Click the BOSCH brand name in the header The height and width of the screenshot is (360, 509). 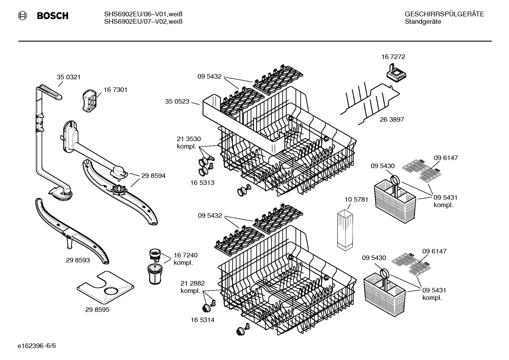pos(53,16)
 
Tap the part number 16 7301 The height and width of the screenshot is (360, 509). pos(115,90)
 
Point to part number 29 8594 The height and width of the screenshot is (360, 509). pos(153,176)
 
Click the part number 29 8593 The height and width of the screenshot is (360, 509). pos(78,260)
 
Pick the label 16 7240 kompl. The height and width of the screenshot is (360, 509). pos(185,259)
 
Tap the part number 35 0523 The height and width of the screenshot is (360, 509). pos(177,102)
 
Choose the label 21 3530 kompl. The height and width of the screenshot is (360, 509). pos(188,142)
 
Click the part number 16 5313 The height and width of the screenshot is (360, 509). pos(202,183)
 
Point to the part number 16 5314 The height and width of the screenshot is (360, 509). pos(202,320)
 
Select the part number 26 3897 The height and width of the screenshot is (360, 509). pos(392,119)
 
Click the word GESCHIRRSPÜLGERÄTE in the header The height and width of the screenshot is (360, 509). pos(444,14)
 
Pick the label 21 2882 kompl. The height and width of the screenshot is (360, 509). pos(192,287)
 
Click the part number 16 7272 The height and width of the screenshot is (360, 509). pos(393,57)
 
